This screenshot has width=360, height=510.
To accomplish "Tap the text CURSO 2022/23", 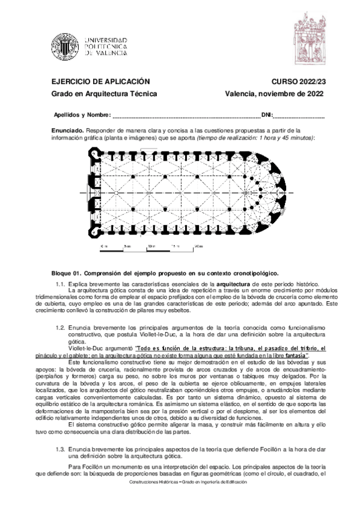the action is pyautogui.click(x=297, y=81).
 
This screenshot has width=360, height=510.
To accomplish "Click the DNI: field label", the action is pyautogui.click(x=267, y=114).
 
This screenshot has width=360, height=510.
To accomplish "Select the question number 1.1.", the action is pyautogui.click(x=60, y=282).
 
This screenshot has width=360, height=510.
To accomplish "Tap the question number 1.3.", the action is pyautogui.click(x=60, y=449).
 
